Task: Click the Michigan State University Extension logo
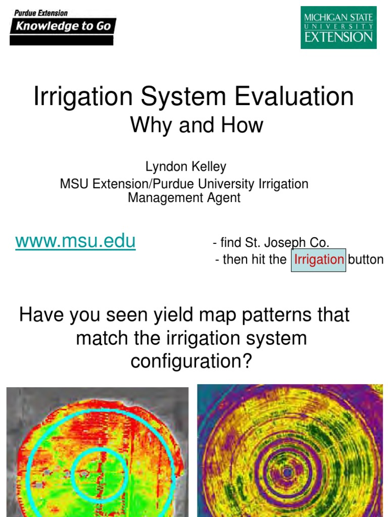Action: (x=338, y=27)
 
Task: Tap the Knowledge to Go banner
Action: (x=63, y=26)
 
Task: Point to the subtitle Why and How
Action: (x=197, y=125)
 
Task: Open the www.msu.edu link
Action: (x=75, y=241)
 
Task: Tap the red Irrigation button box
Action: (x=319, y=260)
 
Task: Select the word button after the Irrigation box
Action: (x=366, y=260)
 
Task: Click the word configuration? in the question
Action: (x=191, y=361)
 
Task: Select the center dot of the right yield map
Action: (x=287, y=472)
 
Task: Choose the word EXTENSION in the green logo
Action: (x=339, y=37)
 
